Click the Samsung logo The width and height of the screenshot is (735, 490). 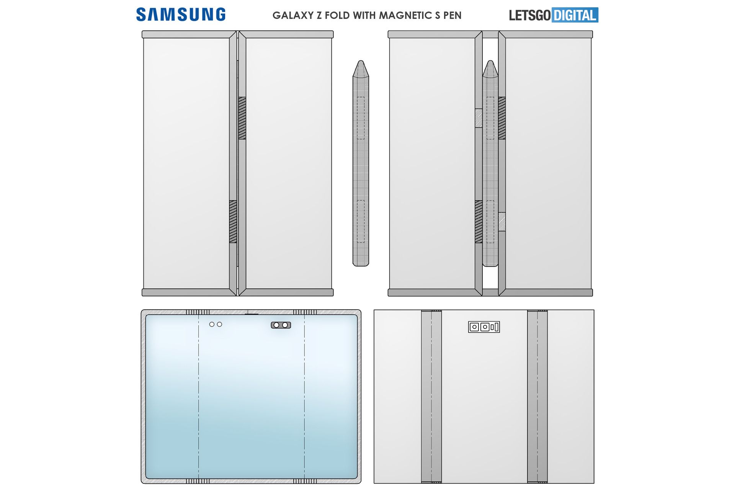click(181, 15)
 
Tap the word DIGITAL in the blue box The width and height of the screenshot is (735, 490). click(575, 15)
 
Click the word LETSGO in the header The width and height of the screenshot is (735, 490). click(530, 15)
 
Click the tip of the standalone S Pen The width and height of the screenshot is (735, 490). click(361, 61)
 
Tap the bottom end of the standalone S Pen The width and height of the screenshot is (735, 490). click(361, 265)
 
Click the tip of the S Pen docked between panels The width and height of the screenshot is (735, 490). click(490, 61)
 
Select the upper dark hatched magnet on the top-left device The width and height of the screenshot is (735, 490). click(242, 118)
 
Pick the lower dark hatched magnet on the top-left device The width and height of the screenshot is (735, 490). click(233, 222)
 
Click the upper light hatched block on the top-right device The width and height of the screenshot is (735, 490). click(479, 118)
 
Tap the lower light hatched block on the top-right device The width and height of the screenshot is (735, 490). click(502, 222)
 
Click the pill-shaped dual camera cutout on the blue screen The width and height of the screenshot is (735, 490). click(281, 325)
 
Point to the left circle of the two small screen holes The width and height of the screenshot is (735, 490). click(212, 324)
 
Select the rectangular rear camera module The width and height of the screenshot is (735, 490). click(484, 327)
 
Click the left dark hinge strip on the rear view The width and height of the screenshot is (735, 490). click(431, 396)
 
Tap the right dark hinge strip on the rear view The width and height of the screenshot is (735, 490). click(537, 396)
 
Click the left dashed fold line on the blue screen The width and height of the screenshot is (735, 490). click(198, 396)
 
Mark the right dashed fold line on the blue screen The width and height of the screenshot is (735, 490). click(305, 396)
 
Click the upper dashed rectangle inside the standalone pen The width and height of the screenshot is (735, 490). click(361, 118)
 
